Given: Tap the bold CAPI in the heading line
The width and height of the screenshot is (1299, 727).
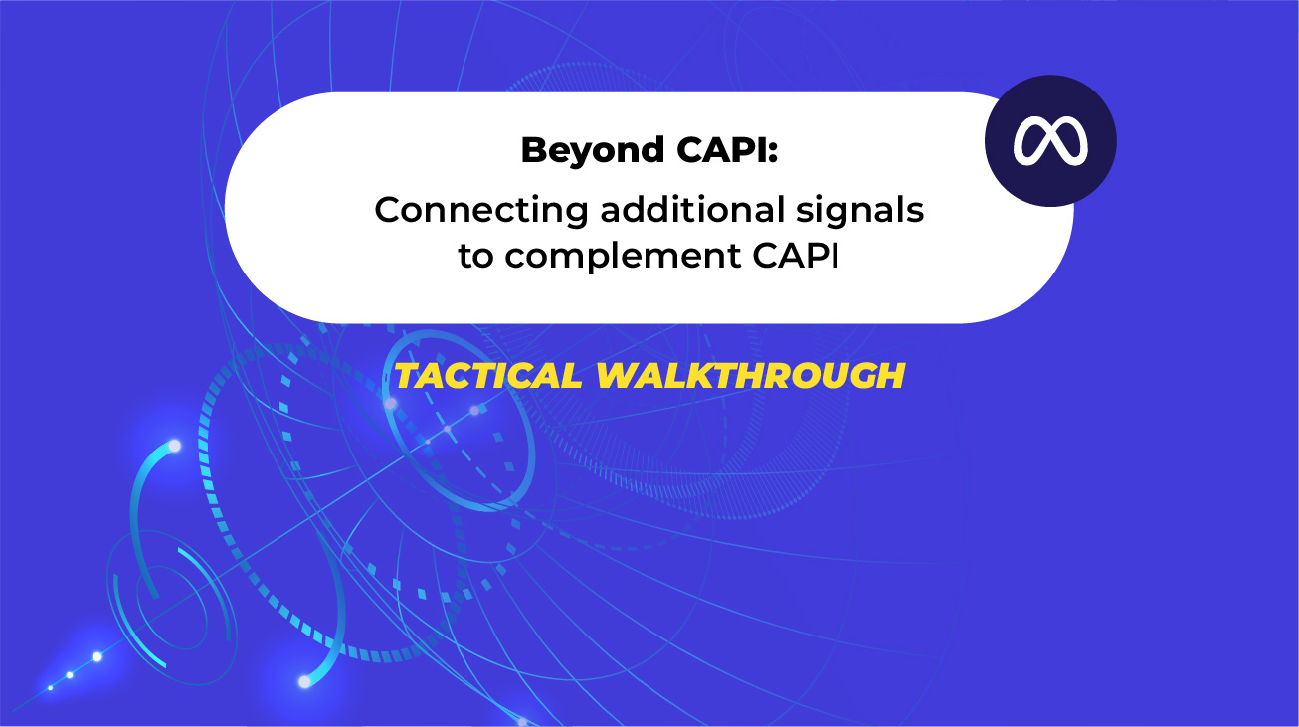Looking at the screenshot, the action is [721, 149].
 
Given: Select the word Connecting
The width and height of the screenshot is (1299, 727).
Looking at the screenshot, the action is [481, 211].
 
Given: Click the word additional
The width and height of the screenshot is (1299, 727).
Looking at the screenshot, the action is [692, 209].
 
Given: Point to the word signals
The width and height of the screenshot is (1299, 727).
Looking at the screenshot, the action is [860, 211].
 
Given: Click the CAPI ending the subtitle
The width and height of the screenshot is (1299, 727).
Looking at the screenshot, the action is [797, 255].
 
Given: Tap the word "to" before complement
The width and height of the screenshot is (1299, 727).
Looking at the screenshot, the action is [476, 257].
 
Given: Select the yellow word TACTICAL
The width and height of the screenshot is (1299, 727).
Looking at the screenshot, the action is [487, 375].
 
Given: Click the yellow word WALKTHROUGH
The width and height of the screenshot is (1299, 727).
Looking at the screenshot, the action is [750, 375].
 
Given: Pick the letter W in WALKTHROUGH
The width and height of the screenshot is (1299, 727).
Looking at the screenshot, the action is [621, 375].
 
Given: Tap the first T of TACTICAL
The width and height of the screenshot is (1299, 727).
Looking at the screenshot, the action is [409, 375].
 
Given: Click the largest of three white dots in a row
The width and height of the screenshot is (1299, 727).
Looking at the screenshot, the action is [97, 656].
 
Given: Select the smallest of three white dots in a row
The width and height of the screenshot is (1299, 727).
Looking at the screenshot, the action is [51, 688].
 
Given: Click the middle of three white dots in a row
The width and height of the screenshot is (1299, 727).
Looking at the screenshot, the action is [70, 675].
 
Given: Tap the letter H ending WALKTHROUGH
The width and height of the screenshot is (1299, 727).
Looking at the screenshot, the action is [891, 375].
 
